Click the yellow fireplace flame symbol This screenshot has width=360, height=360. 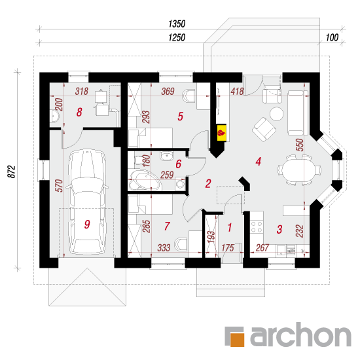222,133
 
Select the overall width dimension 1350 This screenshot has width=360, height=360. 177,24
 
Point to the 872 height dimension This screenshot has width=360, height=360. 12,171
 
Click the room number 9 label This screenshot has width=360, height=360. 87,224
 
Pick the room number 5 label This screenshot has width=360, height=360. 181,116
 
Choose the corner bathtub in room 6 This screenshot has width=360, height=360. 145,181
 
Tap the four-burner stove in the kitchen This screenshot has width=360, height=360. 257,226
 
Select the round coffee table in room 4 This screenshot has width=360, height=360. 276,114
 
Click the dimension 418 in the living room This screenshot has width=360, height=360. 237,92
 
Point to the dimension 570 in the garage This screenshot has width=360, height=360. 59,185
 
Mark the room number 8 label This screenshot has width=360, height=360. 79,113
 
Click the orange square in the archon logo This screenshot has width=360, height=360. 237,339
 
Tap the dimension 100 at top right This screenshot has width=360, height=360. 332,37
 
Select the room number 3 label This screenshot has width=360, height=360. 279,229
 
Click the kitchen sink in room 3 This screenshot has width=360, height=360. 285,250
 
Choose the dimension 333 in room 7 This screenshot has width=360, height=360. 164,247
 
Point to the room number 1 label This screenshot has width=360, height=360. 230,227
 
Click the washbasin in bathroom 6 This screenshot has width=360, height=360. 167,156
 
